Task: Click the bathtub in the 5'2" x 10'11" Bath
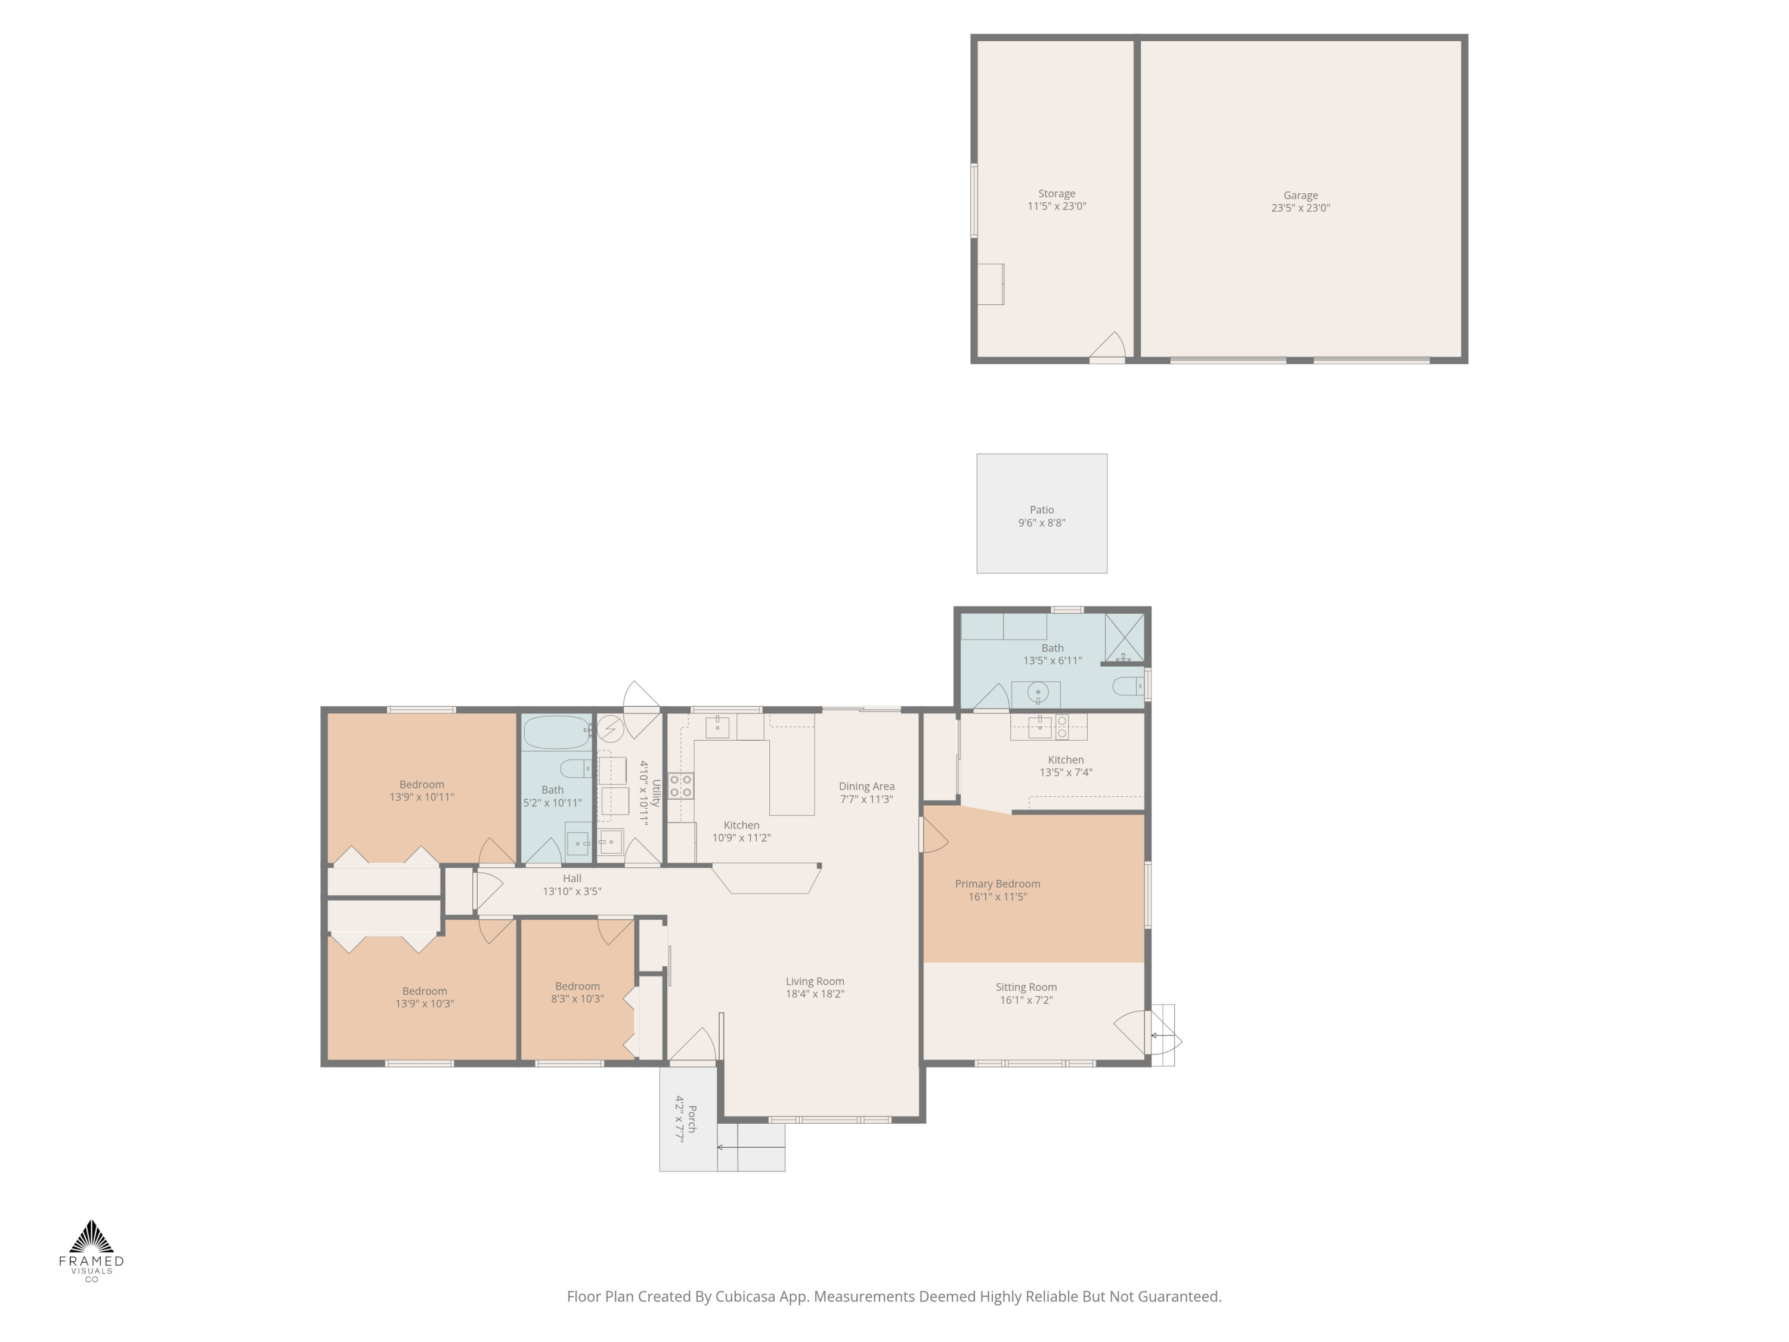coord(557,733)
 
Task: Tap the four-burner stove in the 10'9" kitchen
coord(681,786)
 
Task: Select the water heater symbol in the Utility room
coord(611,729)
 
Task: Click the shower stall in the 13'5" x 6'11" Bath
coord(1124,638)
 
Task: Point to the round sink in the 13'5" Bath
coord(1038,692)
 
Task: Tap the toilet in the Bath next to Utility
coord(577,768)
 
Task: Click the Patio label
coord(1042,509)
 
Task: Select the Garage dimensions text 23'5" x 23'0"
coord(1301,208)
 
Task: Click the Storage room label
coord(1057,194)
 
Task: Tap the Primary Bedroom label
coord(997,883)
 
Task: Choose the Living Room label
coord(815,981)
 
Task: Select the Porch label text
coord(692,1117)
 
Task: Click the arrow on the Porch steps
coord(751,1147)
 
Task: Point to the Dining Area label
coord(866,786)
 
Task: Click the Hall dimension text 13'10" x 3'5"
coord(572,892)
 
